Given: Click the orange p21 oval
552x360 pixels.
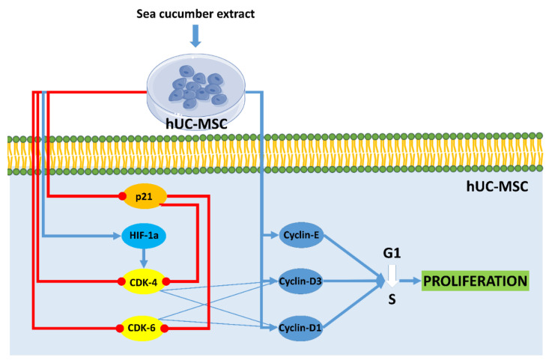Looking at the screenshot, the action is [144, 196].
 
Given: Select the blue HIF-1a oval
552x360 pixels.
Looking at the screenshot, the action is [144, 235].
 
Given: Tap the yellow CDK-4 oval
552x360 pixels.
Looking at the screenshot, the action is [143, 282].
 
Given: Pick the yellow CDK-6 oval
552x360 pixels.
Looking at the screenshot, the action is [142, 328].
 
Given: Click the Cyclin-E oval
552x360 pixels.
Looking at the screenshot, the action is [301, 235].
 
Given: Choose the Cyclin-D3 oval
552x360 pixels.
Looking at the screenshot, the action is [300, 281].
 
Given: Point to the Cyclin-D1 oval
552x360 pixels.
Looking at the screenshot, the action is [300, 328].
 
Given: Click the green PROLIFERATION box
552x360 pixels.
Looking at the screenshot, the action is [476, 281].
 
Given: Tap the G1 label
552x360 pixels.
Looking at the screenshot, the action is [392, 253].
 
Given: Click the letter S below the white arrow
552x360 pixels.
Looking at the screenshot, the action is [392, 299].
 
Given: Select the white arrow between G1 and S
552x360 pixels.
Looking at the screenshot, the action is [392, 276].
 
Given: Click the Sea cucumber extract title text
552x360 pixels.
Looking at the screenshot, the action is [195, 13].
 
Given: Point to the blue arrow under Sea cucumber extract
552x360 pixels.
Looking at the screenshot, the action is [195, 36].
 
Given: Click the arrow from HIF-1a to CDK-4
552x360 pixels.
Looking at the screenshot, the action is [143, 258].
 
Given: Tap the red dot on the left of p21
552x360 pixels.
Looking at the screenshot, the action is [122, 196].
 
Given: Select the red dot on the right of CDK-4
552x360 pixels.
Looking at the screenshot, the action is [166, 281].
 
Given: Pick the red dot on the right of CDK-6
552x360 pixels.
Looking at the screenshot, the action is [165, 328].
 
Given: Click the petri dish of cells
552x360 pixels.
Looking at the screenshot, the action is [195, 91].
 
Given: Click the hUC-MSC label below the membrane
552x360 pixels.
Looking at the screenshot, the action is [497, 186].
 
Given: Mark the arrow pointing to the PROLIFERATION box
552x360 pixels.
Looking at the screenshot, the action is [410, 281].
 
